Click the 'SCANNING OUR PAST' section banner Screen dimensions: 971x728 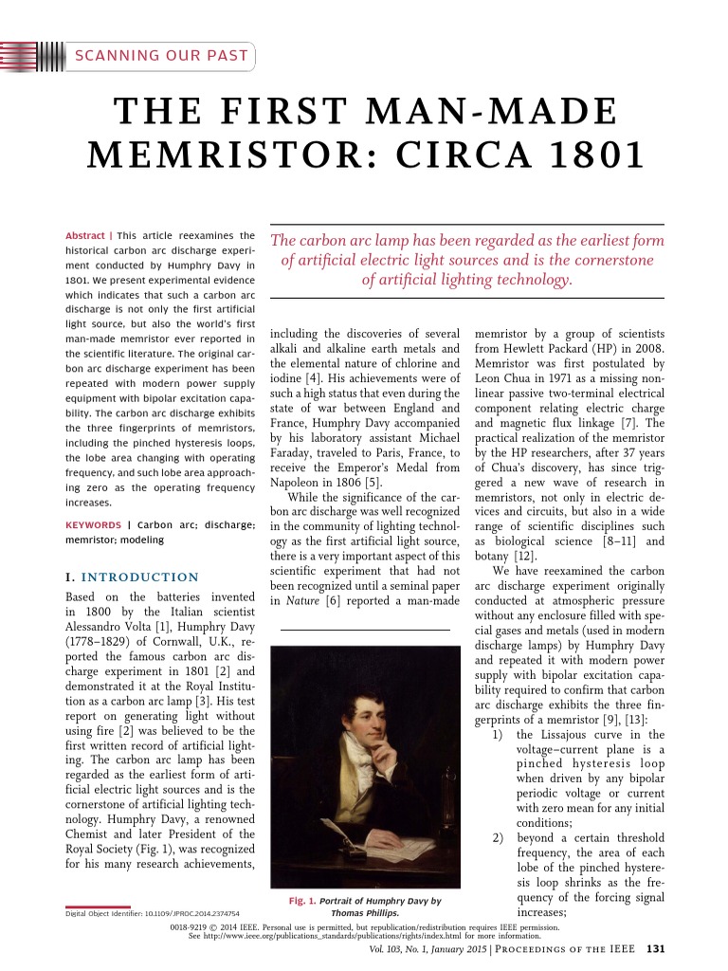[x=161, y=55]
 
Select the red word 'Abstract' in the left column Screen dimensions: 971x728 [x=84, y=235]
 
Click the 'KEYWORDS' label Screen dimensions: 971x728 [x=92, y=524]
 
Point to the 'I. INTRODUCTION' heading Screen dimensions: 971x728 [x=132, y=577]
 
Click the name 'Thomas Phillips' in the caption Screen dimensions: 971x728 [x=364, y=912]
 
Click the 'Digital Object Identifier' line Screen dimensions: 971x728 [x=152, y=913]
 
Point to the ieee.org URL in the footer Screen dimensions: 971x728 [x=313, y=934]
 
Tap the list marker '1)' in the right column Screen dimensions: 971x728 [x=498, y=735]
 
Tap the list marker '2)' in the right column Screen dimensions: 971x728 [x=498, y=838]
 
